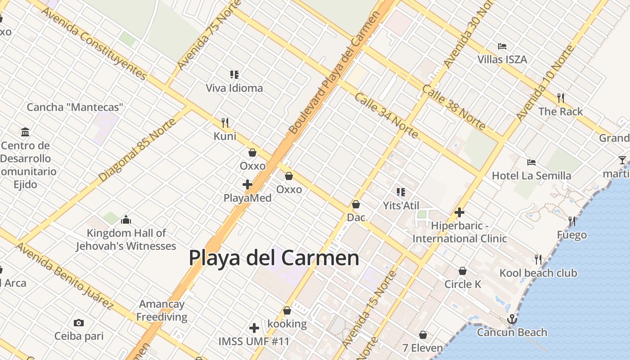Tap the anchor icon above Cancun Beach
point(512,319)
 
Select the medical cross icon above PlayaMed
point(247,184)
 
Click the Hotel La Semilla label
point(531,175)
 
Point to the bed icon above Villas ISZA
point(502,46)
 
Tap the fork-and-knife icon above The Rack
point(560,98)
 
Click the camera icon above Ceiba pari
point(79,323)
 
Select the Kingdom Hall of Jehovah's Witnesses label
point(126,239)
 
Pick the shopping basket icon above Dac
point(356,204)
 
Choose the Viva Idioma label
point(234,88)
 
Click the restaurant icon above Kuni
point(225,122)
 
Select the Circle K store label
point(463,284)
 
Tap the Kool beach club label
point(538,273)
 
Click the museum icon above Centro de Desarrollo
point(25,132)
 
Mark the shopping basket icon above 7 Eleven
point(423,335)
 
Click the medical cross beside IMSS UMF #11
point(254,328)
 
